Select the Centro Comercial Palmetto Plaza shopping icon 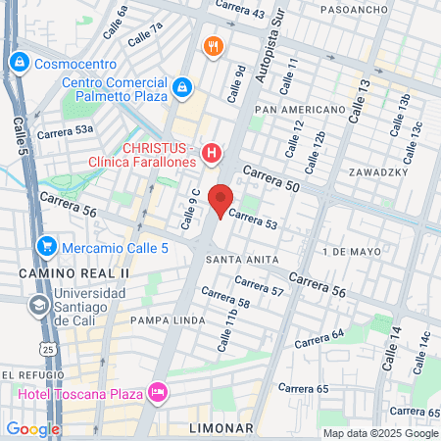pos(181,89)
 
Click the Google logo pos(32,428)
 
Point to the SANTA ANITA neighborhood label pos(231,259)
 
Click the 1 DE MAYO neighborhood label pos(350,251)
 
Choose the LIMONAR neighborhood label pos(221,428)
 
